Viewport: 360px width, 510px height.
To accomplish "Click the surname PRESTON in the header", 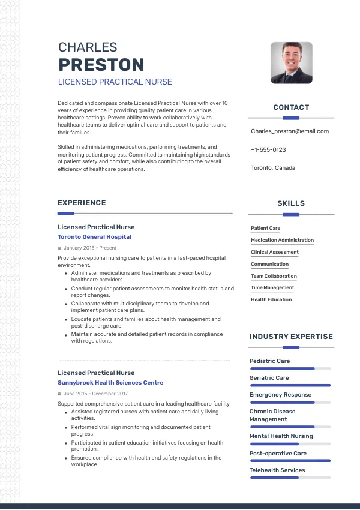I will (101, 65).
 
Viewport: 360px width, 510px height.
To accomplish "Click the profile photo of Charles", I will (292, 62).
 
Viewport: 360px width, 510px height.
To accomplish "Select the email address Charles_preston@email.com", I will (290, 131).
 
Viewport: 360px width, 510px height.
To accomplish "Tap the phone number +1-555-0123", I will (268, 149).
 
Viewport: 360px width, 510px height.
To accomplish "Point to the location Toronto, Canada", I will (273, 168).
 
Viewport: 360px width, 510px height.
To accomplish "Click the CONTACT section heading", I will (291, 107).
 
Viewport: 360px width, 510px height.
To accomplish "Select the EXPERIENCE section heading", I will (82, 203).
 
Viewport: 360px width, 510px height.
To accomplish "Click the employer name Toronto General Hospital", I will (94, 237).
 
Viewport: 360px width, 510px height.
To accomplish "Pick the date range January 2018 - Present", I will (90, 248).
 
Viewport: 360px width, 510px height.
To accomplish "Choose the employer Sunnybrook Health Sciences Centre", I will (110, 383).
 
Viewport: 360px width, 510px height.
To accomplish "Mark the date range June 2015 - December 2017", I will (95, 394).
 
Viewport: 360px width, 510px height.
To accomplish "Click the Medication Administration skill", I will (282, 241).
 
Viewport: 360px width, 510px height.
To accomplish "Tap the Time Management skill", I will (272, 288).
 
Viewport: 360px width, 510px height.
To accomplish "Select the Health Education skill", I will (271, 299).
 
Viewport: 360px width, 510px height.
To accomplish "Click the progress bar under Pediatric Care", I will (290, 368).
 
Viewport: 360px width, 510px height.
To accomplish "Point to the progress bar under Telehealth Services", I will (290, 478).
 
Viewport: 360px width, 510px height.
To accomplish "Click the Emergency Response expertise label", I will (280, 395).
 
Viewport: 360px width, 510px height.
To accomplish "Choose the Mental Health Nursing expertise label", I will (281, 436).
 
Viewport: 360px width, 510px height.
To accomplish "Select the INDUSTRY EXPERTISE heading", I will (291, 337).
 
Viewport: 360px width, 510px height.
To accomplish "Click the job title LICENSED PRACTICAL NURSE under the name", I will (115, 82).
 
